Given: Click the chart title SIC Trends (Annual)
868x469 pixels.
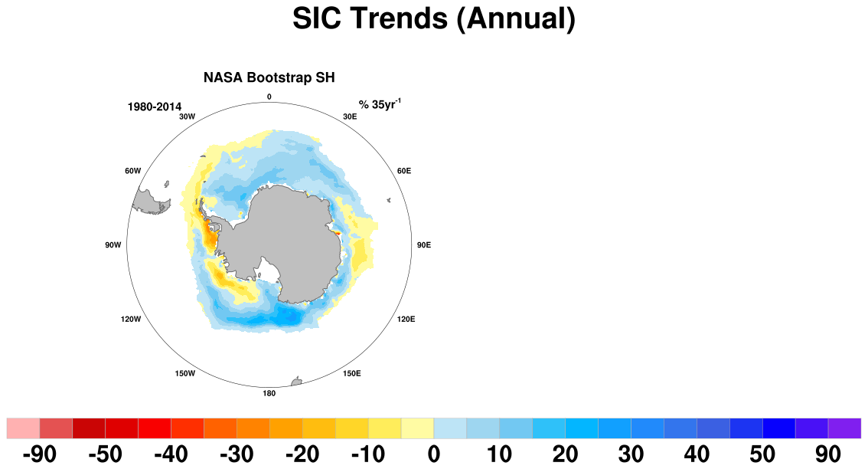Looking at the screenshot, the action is (434, 19).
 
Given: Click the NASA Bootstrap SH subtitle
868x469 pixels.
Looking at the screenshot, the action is (269, 77).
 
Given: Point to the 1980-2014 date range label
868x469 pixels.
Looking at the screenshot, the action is (155, 107).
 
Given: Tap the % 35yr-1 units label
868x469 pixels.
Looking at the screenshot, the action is (380, 103).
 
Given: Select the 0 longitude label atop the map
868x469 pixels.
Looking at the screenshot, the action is (269, 97).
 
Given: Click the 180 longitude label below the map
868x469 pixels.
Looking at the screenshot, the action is (269, 394).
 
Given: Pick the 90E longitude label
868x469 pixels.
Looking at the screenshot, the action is (423, 245).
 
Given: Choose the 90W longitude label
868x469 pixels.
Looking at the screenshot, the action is (113, 245).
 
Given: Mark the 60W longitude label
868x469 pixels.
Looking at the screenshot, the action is (133, 171).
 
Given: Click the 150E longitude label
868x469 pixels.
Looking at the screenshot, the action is (351, 374).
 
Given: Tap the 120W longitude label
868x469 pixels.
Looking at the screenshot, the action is (131, 320).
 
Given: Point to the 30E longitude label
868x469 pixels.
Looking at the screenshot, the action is (350, 117).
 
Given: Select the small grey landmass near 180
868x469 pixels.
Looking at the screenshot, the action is (296, 382).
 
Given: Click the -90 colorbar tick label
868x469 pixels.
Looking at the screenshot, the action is (40, 454).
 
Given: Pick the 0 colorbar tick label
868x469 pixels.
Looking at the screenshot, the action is (434, 454).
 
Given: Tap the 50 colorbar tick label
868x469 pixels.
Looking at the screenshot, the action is (762, 454).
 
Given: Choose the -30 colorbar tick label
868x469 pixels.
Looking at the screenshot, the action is (237, 454).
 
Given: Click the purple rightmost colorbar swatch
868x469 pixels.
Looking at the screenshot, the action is (845, 428).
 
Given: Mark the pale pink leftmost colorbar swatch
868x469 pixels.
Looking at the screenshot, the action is (23, 428).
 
